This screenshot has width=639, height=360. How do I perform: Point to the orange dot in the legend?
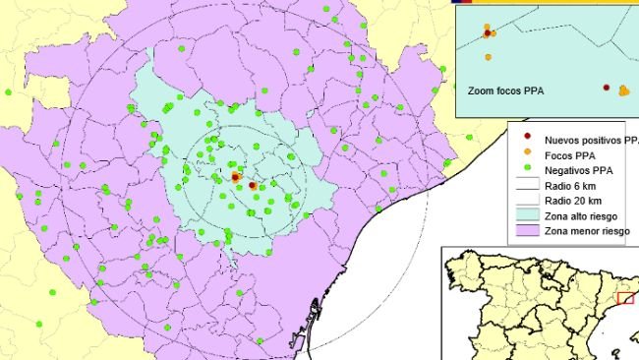point(528,152)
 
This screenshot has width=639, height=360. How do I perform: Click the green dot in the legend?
point(528,168)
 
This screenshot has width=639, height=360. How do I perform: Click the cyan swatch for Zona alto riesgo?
point(528,216)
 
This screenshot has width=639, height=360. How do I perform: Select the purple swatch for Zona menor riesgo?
point(528,232)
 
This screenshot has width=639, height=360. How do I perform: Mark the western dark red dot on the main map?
point(235,177)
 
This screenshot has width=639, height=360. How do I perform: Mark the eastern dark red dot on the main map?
point(253,185)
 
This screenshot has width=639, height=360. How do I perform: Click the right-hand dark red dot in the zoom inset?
point(607,87)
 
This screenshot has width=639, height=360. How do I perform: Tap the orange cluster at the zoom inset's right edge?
point(624,91)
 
